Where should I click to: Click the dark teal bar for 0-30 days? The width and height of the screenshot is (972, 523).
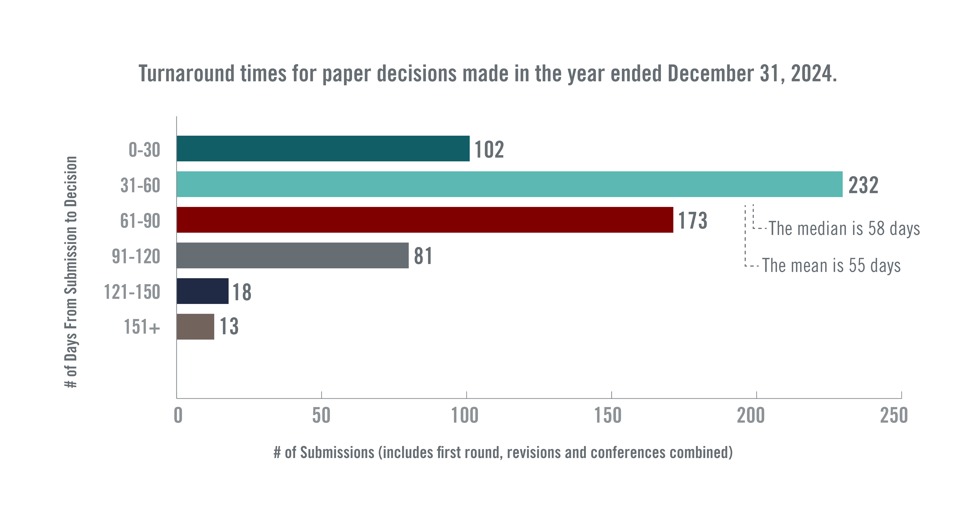click(x=323, y=149)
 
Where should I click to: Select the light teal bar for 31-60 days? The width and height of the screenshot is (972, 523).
click(x=509, y=184)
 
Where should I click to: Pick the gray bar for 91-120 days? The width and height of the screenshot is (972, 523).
click(x=292, y=255)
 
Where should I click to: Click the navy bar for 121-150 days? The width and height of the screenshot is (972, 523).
click(x=203, y=291)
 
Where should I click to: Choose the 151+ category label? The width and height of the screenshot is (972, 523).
click(x=142, y=327)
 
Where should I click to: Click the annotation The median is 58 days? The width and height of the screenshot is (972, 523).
click(x=844, y=229)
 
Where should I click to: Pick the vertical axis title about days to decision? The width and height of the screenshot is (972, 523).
click(x=71, y=272)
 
